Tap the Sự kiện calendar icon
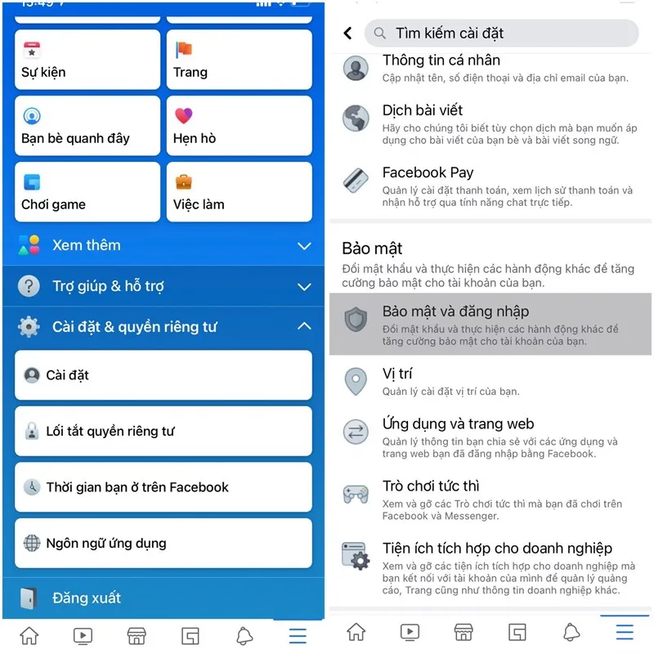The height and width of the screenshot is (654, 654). click(x=32, y=50)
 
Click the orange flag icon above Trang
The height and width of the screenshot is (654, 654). click(x=183, y=50)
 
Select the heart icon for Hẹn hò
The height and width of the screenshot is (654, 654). click(x=183, y=115)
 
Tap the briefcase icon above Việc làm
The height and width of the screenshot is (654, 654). click(x=183, y=181)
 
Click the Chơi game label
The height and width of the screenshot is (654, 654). click(x=53, y=204)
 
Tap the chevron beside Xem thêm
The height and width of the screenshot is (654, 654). click(x=304, y=246)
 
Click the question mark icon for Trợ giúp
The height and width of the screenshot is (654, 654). click(x=29, y=286)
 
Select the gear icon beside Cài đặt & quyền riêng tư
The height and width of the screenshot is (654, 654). click(x=29, y=326)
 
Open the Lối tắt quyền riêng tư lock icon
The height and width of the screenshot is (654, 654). click(x=32, y=431)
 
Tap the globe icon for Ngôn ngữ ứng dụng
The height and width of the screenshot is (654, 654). click(x=32, y=543)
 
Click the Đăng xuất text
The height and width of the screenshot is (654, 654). click(x=87, y=598)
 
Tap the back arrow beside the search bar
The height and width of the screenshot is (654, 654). click(x=347, y=33)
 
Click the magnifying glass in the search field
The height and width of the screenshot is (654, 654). click(x=379, y=33)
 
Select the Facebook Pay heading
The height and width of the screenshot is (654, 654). click(x=428, y=172)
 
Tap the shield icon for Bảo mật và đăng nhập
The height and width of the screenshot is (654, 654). click(x=356, y=320)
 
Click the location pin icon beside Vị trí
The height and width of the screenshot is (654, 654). click(x=356, y=381)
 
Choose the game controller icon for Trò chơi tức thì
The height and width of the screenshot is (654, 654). click(x=356, y=495)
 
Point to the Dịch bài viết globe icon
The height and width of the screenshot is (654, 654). click(x=356, y=118)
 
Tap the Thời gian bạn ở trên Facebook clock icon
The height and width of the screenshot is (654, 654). click(x=32, y=486)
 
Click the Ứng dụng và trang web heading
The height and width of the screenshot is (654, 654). click(x=458, y=423)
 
